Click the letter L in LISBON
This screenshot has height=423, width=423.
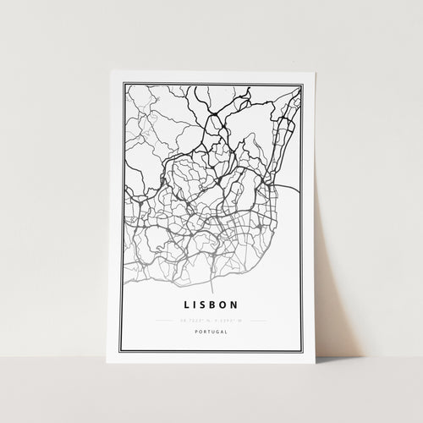[184, 303]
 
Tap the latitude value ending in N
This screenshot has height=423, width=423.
[194, 321]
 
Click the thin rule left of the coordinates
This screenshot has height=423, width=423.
[165, 321]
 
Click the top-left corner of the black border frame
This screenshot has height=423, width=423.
[124, 84]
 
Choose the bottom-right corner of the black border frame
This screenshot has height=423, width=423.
[301, 352]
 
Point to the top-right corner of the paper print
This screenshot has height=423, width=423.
[316, 72]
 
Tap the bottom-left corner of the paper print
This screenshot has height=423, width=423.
[107, 363]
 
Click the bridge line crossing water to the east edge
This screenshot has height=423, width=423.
[292, 193]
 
